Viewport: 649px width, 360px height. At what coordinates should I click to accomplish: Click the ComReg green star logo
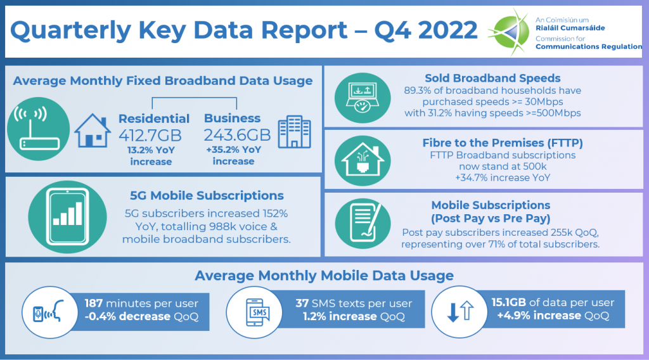pyautogui.click(x=509, y=32)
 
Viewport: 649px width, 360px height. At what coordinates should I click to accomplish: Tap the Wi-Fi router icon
pyautogui.click(x=38, y=129)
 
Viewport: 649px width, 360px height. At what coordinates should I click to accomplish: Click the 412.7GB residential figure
pyautogui.click(x=150, y=135)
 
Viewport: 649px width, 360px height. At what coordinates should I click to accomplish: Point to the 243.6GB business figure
pyautogui.click(x=237, y=135)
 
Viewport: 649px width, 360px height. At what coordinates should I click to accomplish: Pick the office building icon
pyautogui.click(x=294, y=132)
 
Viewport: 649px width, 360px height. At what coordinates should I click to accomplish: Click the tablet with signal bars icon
pyautogui.click(x=67, y=217)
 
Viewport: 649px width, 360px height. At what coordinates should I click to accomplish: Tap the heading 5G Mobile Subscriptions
pyautogui.click(x=207, y=195)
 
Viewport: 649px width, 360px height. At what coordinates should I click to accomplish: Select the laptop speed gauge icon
pyautogui.click(x=363, y=98)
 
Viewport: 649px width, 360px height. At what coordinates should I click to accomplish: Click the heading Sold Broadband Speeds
pyautogui.click(x=492, y=78)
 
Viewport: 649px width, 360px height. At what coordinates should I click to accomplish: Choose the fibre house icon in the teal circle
pyautogui.click(x=363, y=160)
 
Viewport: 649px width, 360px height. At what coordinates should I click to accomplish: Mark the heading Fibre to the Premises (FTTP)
pyautogui.click(x=503, y=143)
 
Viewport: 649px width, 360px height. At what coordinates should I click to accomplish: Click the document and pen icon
pyautogui.click(x=363, y=224)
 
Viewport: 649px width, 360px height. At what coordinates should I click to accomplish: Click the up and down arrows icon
pyautogui.click(x=459, y=312)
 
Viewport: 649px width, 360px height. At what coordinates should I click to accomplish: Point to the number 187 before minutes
pyautogui.click(x=94, y=304)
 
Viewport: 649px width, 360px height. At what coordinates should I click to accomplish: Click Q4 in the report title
pyautogui.click(x=392, y=30)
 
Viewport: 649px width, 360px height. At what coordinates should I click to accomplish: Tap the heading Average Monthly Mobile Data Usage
pyautogui.click(x=324, y=276)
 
